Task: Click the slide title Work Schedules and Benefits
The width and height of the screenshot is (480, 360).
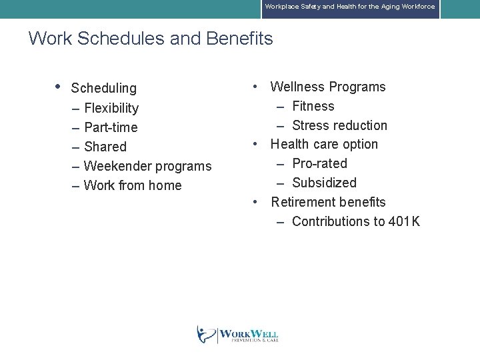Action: [151, 39]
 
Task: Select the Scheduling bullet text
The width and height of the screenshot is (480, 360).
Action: [103, 88]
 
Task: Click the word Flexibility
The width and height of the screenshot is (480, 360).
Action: [111, 108]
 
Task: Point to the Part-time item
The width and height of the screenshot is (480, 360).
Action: [111, 127]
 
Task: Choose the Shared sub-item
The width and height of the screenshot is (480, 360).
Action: [105, 147]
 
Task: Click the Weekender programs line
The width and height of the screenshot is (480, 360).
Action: [147, 166]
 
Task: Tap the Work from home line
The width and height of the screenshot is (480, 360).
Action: [133, 185]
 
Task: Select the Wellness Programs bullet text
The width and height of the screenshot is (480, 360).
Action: [328, 87]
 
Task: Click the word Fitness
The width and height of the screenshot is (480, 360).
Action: [313, 106]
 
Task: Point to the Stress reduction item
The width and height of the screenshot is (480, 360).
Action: [339, 125]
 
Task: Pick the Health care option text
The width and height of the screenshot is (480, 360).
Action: [324, 144]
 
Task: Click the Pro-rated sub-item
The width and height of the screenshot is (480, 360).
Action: [319, 163]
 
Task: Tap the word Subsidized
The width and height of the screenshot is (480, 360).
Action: [324, 183]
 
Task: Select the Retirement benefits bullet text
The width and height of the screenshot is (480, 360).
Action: [328, 202]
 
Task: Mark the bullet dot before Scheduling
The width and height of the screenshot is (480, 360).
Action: [59, 87]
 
